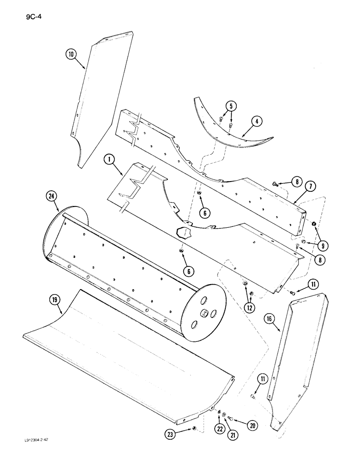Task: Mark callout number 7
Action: [310, 187]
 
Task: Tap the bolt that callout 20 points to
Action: [231, 419]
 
